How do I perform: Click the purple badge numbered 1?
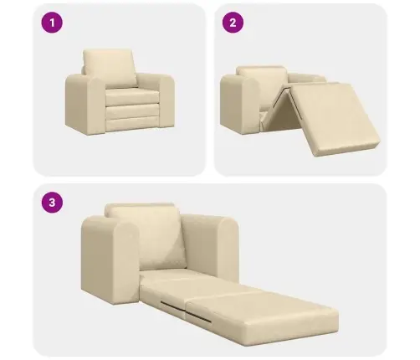coord(52,23)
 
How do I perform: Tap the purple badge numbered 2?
coord(233,23)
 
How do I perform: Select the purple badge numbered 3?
coord(52,202)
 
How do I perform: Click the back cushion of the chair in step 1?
coord(110,69)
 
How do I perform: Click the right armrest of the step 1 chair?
coord(166,98)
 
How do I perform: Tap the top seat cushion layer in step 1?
coord(131,96)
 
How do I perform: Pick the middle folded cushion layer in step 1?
coord(132,111)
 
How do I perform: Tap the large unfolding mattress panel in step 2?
coord(332,118)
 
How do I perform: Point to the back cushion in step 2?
coord(262,84)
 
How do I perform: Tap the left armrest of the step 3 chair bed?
coord(110,260)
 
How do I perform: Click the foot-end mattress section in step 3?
coord(262,316)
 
